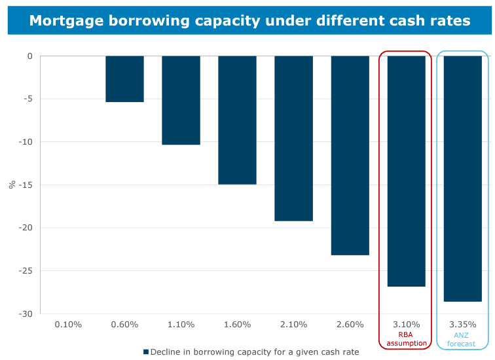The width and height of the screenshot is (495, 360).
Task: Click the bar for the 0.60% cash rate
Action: click(124, 79)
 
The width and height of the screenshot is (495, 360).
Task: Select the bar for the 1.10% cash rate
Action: click(181, 100)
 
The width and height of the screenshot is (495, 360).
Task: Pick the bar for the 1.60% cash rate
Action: click(237, 120)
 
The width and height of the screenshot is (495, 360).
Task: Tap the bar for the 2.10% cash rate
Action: click(293, 138)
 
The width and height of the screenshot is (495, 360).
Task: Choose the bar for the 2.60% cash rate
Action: click(350, 155)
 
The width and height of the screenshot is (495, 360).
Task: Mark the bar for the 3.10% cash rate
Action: click(406, 171)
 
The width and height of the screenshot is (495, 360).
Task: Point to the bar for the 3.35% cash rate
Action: click(462, 179)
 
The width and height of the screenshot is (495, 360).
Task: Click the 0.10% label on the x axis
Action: click(68, 324)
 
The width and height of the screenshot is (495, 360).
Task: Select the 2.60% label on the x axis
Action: click(350, 324)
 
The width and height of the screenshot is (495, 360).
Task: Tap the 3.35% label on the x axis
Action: click(462, 324)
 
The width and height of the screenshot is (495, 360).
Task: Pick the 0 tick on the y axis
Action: click(29, 56)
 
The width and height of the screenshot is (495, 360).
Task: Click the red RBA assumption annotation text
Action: click(406, 339)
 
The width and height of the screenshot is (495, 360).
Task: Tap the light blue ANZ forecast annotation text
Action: click(462, 339)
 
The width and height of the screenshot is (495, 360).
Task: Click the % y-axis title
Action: click(12, 185)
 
